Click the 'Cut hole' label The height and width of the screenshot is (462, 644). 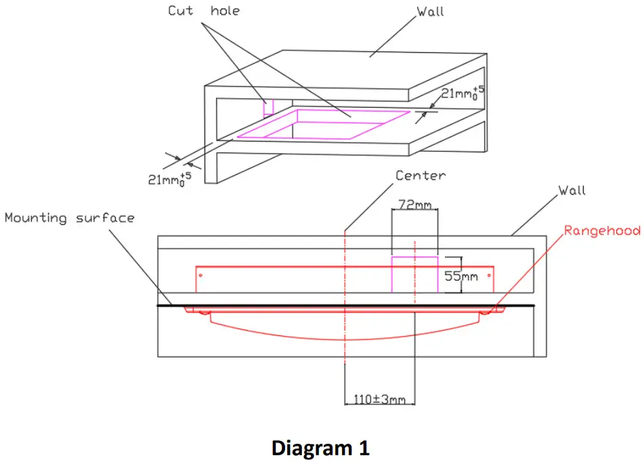tap(204, 11)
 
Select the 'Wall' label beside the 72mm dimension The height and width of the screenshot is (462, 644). tap(572, 190)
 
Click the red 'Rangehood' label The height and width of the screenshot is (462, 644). tap(602, 231)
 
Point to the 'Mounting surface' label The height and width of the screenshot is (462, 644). tap(70, 218)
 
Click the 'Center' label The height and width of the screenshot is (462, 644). tap(421, 175)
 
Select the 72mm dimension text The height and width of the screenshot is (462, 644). tap(414, 204)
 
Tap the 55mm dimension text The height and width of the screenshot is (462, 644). tap(461, 276)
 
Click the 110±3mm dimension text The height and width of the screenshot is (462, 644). tap(380, 399)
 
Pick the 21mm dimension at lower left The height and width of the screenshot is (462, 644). tap(169, 179)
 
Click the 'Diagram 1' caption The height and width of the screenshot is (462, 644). tap(320, 448)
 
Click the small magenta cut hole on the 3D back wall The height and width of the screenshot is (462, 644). tap(268, 108)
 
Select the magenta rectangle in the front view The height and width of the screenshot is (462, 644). tap(414, 274)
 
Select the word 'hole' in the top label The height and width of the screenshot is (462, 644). tap(225, 11)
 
